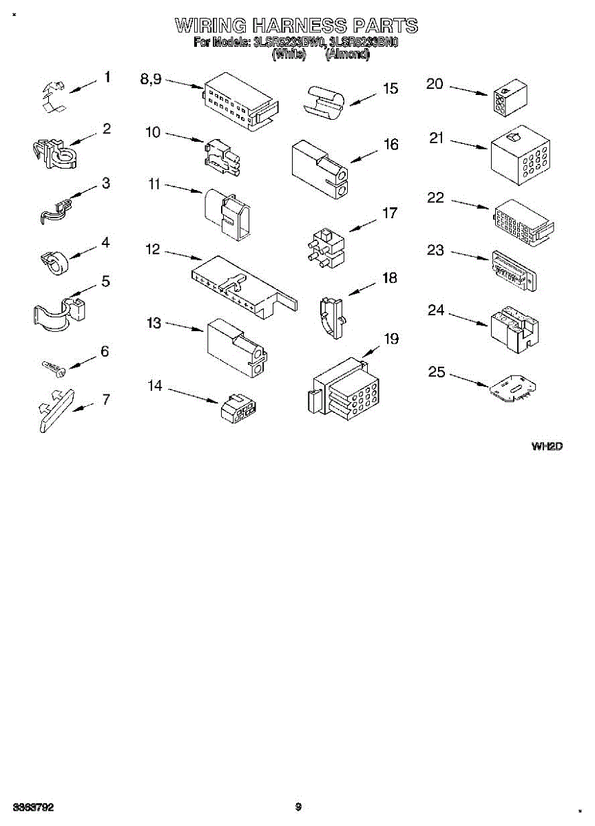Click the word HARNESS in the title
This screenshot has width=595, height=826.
[x=300, y=26]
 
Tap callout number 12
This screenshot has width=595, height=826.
[x=153, y=249]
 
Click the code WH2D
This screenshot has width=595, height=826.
[x=547, y=447]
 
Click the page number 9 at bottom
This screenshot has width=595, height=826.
[x=298, y=807]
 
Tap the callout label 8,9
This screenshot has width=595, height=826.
[x=151, y=79]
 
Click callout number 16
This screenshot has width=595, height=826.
[x=391, y=145]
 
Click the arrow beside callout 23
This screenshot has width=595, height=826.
[x=470, y=256]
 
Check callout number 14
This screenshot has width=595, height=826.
[x=155, y=386]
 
